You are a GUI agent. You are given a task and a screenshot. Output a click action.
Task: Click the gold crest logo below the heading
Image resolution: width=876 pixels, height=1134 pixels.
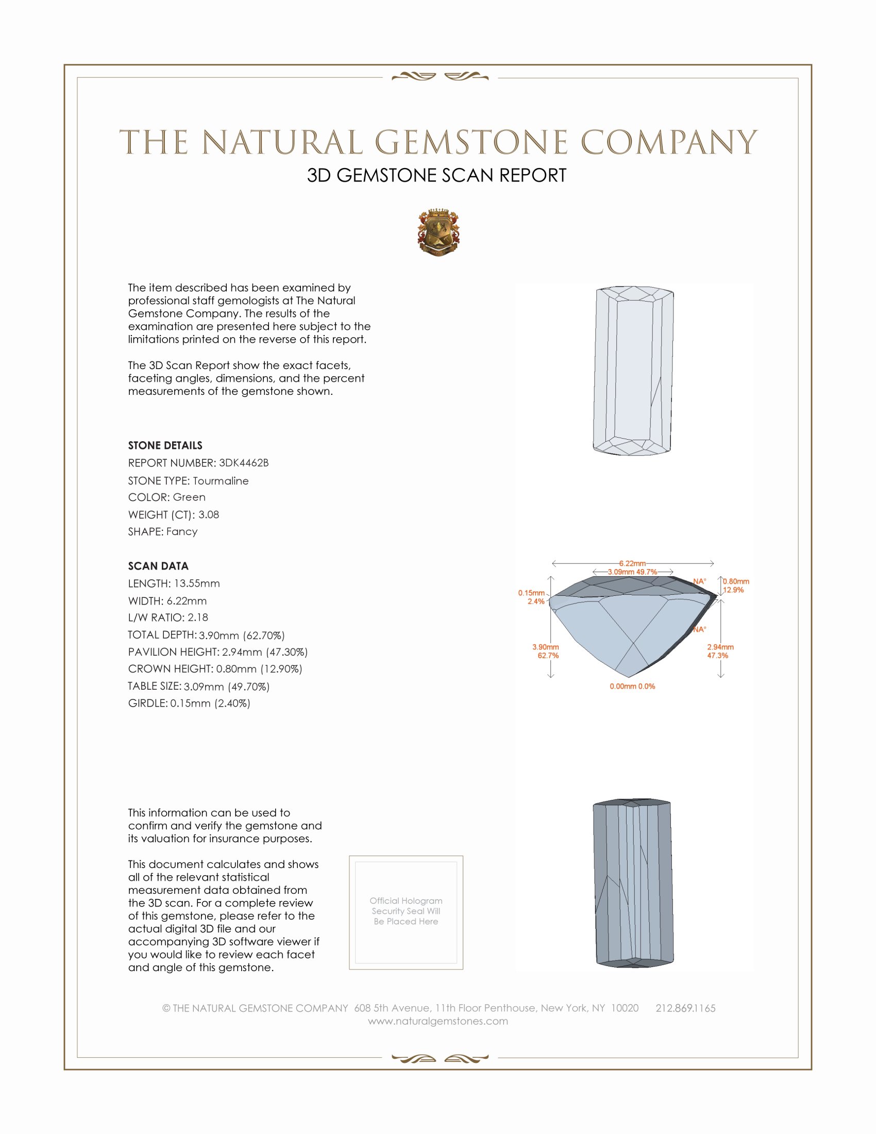tap(438, 232)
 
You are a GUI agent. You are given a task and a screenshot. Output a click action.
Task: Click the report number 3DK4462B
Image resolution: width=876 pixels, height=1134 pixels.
tap(243, 463)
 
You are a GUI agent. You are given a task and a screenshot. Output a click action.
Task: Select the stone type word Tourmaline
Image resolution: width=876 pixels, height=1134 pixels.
tap(221, 481)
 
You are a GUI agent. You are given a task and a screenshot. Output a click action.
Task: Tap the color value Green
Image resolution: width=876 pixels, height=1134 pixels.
tap(189, 497)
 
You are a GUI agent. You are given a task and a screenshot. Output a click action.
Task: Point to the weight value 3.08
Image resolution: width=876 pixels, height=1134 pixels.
tap(209, 514)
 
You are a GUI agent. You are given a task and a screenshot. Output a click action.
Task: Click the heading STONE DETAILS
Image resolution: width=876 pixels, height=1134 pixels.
tap(165, 445)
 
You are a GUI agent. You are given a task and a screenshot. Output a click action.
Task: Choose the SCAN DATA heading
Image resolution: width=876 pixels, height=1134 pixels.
tap(158, 566)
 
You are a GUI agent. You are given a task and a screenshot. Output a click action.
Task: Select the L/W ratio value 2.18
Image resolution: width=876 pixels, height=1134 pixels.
tap(198, 618)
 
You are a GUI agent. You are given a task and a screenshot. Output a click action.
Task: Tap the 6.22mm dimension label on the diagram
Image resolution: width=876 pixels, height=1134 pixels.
tap(632, 563)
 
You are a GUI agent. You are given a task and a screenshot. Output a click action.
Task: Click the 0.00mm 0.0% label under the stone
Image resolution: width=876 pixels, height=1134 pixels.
tap(632, 687)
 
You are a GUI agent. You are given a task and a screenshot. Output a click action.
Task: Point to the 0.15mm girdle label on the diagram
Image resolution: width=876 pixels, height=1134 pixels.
tap(531, 593)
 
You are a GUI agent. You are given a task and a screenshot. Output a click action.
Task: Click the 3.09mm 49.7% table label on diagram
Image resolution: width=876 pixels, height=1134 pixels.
tap(632, 572)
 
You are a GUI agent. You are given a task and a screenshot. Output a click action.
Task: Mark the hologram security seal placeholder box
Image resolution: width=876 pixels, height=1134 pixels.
tap(406, 912)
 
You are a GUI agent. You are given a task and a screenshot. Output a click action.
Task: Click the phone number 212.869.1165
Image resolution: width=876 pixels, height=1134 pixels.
tap(685, 1008)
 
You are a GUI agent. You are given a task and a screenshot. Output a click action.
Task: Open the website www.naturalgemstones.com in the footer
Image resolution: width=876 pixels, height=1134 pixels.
tap(438, 1021)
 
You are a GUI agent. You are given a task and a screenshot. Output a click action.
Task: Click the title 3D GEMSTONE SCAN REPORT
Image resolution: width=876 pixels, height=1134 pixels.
tap(436, 175)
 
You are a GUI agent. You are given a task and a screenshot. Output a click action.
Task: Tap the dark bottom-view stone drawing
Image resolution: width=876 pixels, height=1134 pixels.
tap(633, 882)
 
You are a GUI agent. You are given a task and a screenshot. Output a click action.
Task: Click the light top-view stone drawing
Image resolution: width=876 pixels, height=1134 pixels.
tap(633, 371)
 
